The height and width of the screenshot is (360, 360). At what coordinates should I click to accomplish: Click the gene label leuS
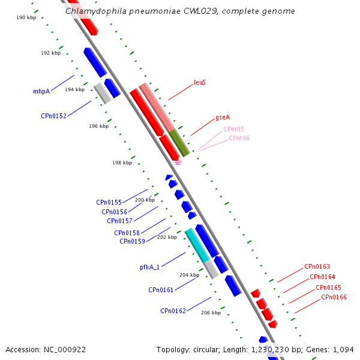pos(200,82)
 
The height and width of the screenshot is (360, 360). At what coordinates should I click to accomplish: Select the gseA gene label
pos(223,118)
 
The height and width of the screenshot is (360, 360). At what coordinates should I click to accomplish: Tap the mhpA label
pos(41,92)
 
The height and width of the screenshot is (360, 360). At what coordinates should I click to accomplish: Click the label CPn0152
pos(53,116)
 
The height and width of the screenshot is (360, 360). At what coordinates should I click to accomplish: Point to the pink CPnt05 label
pos(233,129)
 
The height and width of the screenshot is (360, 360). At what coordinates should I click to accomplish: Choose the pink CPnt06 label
pos(239,138)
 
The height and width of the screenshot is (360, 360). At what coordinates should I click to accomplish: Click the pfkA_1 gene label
pos(149,267)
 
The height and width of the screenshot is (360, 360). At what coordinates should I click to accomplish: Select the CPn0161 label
pos(161,290)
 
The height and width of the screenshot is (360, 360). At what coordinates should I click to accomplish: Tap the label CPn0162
pos(173,311)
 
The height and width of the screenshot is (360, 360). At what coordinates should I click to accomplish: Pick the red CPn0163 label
pos(317,266)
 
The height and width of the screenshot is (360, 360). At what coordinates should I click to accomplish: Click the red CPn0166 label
pos(334,297)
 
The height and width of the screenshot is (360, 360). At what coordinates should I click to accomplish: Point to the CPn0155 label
pos(109,203)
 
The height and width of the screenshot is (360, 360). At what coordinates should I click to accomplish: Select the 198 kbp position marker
pos(122,163)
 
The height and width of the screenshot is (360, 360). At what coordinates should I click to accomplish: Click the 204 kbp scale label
pos(189,275)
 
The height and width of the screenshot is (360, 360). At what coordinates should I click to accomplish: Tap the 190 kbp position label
pos(26,18)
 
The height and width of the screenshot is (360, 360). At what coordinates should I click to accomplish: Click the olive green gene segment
pos(179,142)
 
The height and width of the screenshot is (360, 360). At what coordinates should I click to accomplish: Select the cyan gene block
pos(197,244)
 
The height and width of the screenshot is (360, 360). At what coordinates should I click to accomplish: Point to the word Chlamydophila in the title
pos(94,11)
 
